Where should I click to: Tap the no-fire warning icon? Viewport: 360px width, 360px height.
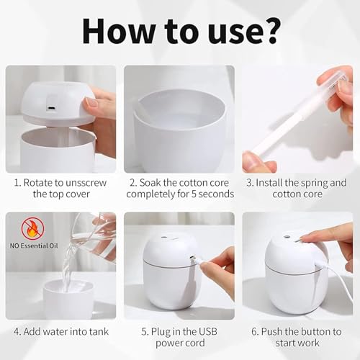point(33,229)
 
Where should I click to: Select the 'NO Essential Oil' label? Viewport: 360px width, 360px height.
point(34,246)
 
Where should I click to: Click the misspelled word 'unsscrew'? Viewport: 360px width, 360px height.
point(86,183)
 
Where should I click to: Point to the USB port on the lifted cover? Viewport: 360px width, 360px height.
point(51,108)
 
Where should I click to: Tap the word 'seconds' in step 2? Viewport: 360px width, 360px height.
point(216,194)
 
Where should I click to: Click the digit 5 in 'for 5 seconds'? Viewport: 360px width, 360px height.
point(194,194)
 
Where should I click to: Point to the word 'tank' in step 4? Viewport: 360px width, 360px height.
point(99,332)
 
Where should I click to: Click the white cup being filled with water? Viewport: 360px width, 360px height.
point(68,300)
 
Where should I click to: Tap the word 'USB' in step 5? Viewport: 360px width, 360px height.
point(208,332)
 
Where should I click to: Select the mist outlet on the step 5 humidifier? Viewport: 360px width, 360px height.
point(164,237)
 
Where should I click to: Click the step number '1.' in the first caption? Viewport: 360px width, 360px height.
point(17,183)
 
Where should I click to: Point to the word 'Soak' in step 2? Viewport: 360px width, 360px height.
point(150,183)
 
